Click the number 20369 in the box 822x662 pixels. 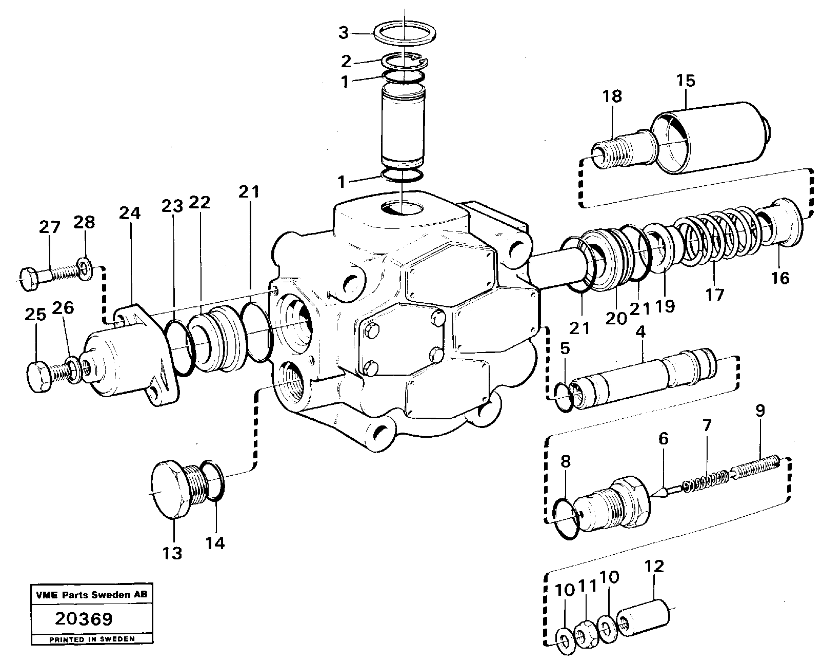coord(84,619)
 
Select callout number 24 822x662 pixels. coord(130,213)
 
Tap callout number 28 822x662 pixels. coord(84,222)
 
